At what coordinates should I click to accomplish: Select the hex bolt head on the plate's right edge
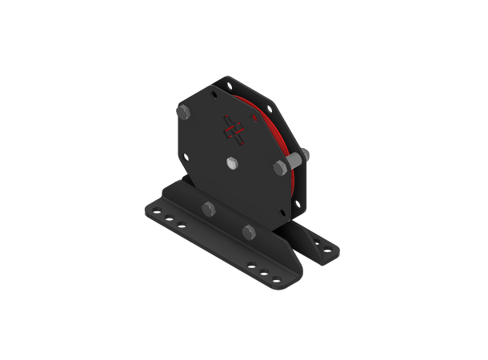[281, 167]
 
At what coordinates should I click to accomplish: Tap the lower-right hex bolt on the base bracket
[250, 232]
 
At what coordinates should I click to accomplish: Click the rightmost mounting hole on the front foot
[277, 278]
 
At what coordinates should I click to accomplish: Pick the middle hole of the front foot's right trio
[263, 271]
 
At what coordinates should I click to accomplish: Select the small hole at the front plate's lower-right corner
[278, 213]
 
